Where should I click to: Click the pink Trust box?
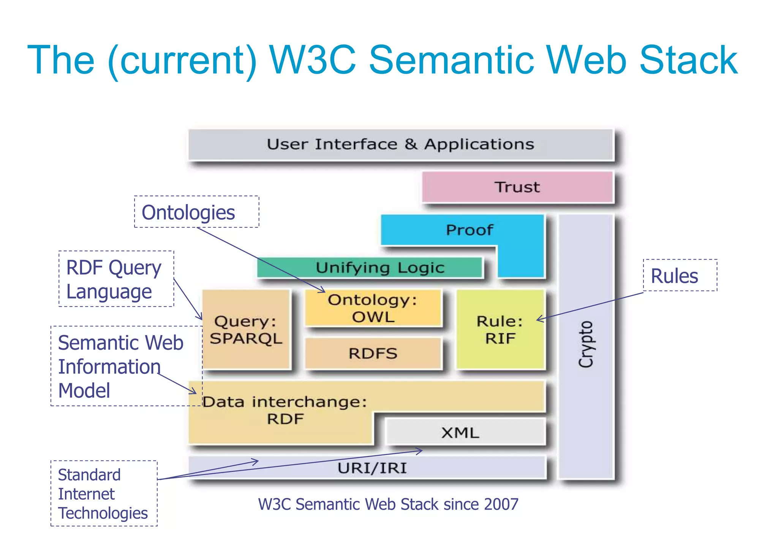[517, 187]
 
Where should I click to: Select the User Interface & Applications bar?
[400, 144]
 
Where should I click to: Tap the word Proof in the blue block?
[469, 230]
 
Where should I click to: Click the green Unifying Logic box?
[380, 268]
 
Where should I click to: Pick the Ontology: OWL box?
[373, 308]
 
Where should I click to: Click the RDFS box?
[373, 354]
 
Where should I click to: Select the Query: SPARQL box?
[246, 330]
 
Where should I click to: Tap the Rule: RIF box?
[500, 330]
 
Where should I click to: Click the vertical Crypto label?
[586, 344]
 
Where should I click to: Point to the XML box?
[460, 433]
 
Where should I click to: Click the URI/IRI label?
[372, 468]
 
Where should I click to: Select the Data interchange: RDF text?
[285, 410]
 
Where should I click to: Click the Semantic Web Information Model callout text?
[120, 366]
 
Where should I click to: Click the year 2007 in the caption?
[501, 504]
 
